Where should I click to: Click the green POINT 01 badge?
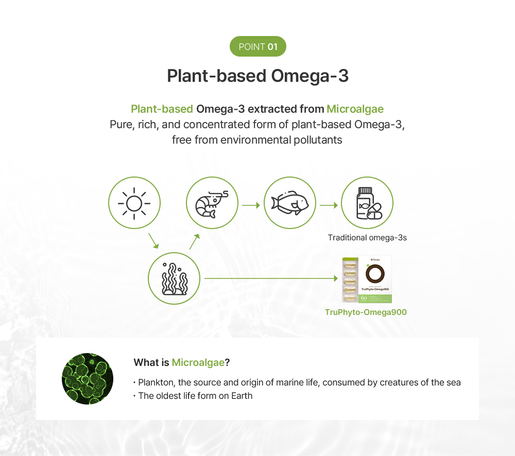click(257, 47)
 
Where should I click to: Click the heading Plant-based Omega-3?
click(257, 76)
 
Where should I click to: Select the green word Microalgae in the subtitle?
click(355, 109)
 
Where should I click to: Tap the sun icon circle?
click(134, 203)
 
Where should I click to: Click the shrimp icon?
click(212, 203)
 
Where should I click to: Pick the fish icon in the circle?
click(289, 203)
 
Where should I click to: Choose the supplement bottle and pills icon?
click(367, 203)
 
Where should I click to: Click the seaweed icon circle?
click(174, 278)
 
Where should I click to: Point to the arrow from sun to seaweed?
click(153, 241)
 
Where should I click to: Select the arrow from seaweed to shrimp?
click(195, 241)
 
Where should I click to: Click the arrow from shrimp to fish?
click(251, 205)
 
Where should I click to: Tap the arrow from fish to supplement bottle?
click(329, 205)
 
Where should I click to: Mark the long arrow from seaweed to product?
click(271, 278)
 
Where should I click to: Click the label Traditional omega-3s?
click(367, 238)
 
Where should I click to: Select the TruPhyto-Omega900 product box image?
click(367, 279)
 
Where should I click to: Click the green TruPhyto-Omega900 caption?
click(366, 312)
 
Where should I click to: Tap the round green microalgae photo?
click(88, 378)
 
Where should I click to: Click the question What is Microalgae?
click(181, 362)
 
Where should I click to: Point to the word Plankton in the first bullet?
click(157, 382)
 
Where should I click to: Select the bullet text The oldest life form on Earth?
click(195, 396)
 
